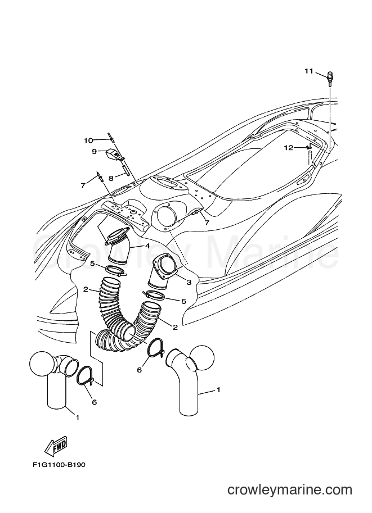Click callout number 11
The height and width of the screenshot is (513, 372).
coord(309,71)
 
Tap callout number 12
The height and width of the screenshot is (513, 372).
coord(288,148)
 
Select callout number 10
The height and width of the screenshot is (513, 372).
coord(88,140)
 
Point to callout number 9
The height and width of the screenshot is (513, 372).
coord(94,152)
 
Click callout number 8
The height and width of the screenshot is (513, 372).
coord(111,178)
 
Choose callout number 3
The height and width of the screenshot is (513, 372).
coord(189,282)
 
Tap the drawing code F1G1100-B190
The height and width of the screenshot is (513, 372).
coord(59,465)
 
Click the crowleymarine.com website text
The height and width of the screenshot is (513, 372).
coord(290,490)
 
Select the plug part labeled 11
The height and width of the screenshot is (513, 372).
coord(330,79)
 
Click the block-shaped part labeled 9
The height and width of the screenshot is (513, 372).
coord(113,154)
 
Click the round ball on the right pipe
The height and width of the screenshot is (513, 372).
coord(202,357)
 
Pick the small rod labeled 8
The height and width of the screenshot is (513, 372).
coord(125,170)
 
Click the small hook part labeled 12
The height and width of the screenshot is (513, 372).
coord(308,146)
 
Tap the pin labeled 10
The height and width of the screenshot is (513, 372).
coord(111,138)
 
